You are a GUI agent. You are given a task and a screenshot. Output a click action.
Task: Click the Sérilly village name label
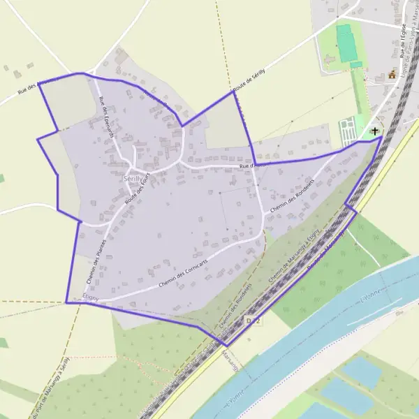click(x=131, y=179)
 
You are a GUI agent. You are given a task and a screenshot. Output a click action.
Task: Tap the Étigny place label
click(x=91, y=297)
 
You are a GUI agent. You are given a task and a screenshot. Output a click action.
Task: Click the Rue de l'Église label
click(x=403, y=38)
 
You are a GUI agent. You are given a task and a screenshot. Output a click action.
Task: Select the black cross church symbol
click(x=375, y=131)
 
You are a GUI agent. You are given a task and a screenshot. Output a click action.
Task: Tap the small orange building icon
click(x=392, y=74)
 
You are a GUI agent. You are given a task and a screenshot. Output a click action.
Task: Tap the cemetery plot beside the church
click(x=348, y=130)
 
